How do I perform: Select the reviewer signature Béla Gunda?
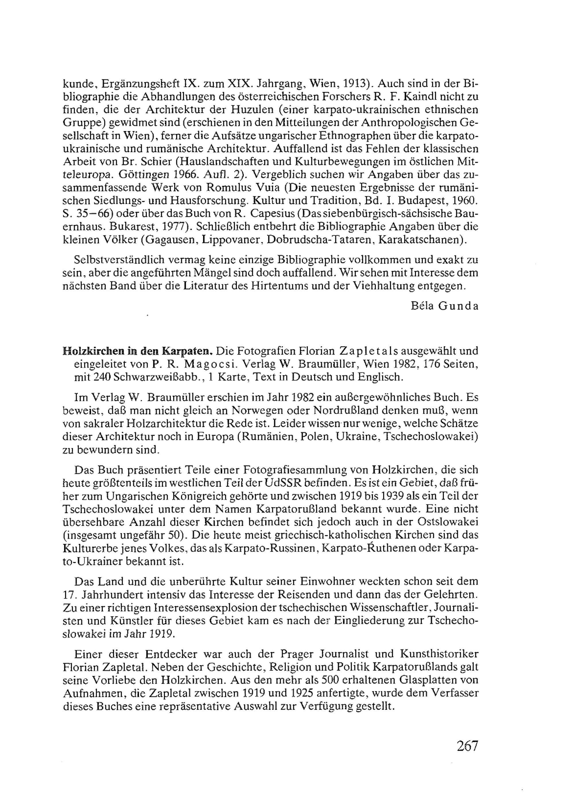444,306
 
